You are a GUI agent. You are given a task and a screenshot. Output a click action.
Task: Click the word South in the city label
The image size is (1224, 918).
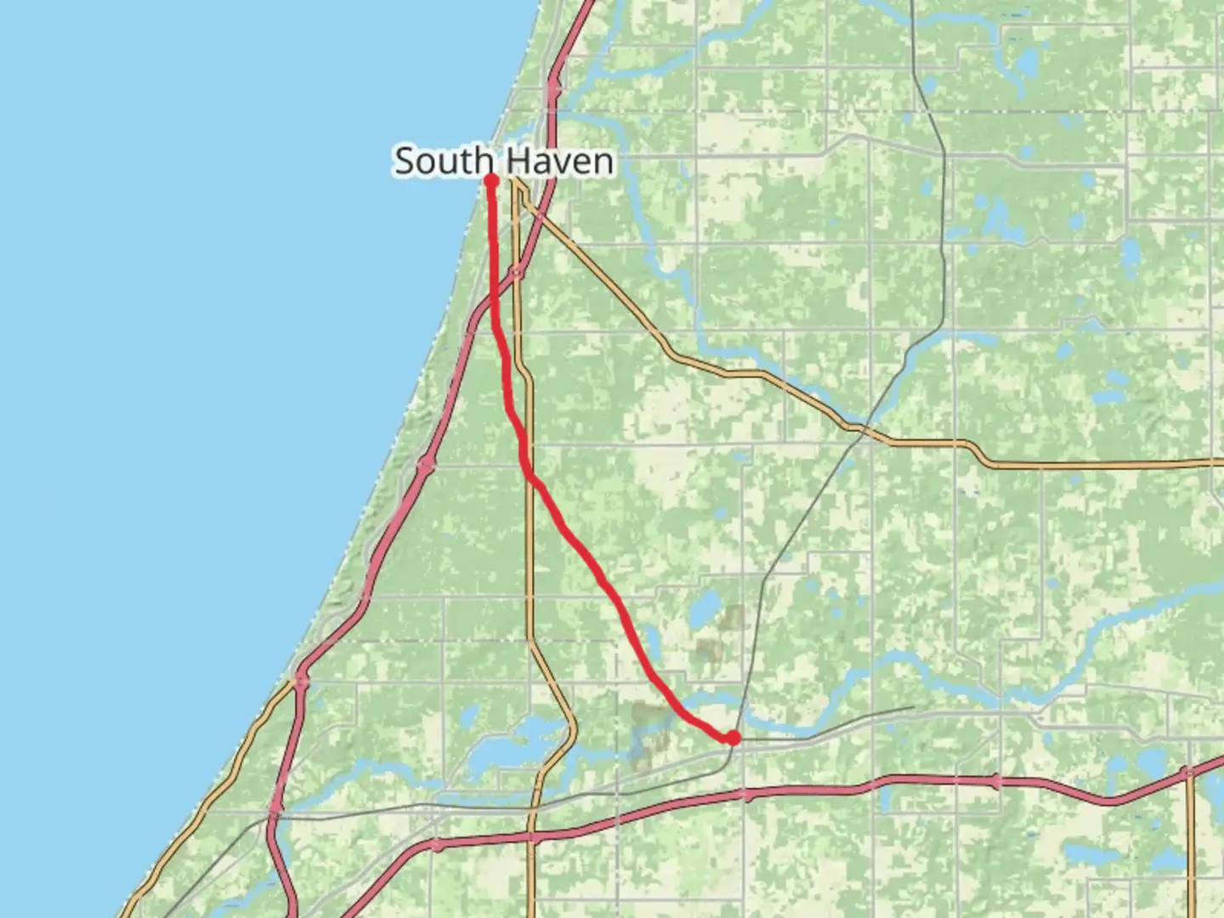(x=445, y=161)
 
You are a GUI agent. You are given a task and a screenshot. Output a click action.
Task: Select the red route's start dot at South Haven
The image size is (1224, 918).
(x=490, y=179)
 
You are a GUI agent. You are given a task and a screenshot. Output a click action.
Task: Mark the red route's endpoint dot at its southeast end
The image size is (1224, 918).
(x=732, y=737)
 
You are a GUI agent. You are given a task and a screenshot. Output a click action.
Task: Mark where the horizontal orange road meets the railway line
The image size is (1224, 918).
(x=861, y=431)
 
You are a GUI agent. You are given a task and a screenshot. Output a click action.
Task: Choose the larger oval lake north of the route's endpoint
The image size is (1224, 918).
(x=703, y=609)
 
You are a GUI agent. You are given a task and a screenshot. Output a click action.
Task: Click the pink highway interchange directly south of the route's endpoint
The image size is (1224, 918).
(x=745, y=795)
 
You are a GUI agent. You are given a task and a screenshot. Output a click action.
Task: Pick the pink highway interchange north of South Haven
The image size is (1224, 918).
(x=554, y=87)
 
